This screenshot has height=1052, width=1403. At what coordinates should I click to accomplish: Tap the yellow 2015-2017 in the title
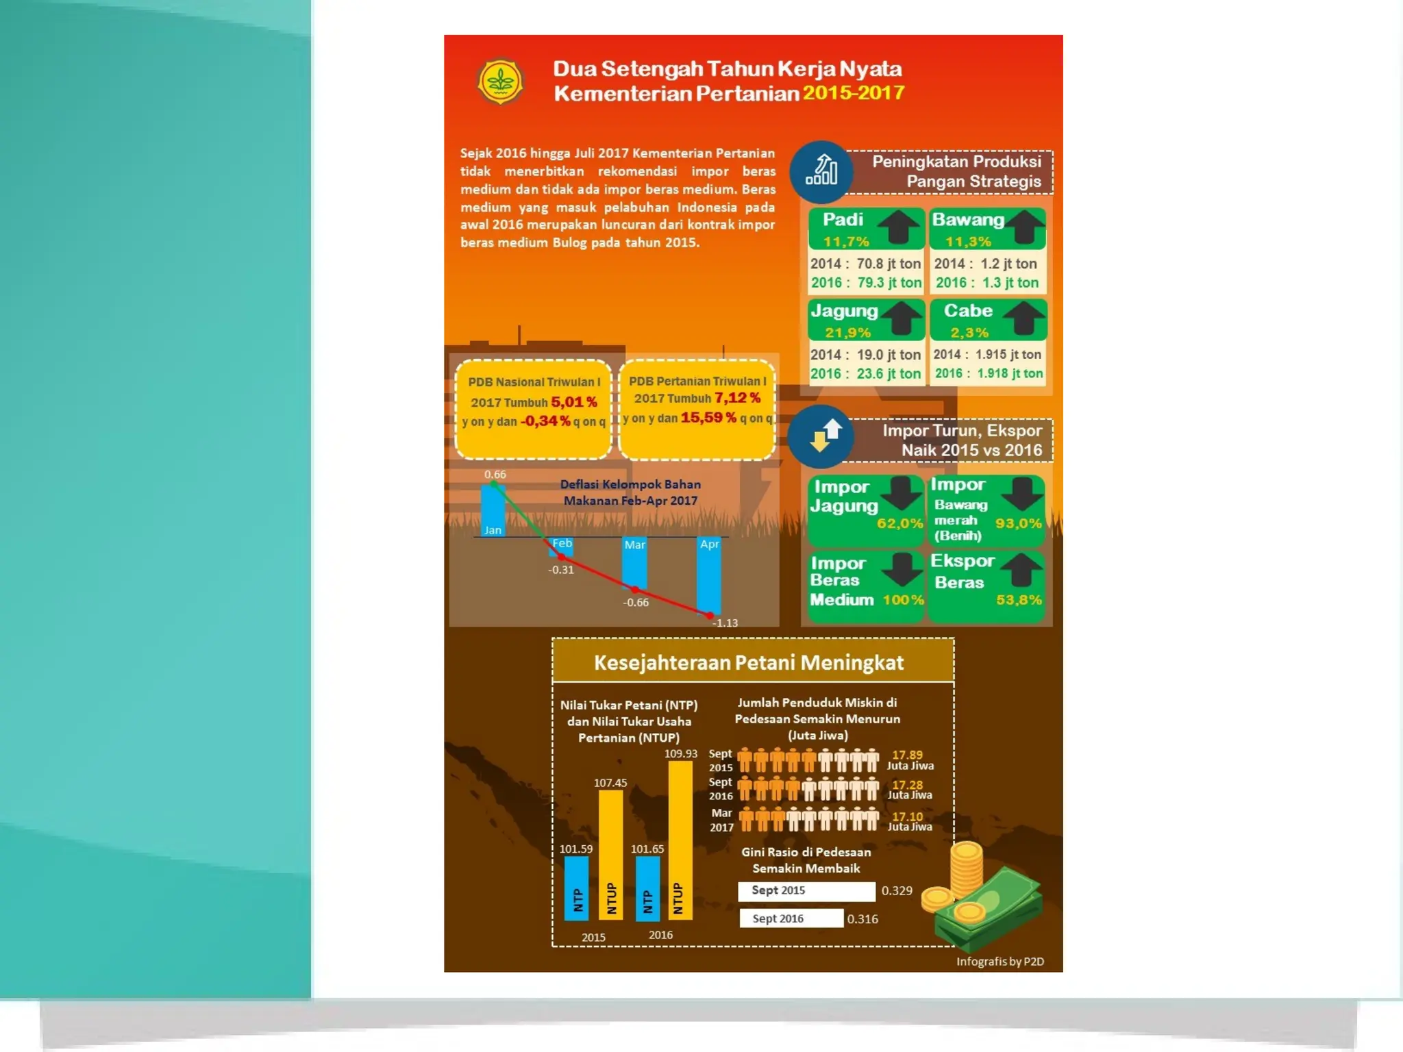tap(854, 92)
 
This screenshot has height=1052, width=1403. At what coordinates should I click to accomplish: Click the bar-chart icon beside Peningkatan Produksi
tap(821, 171)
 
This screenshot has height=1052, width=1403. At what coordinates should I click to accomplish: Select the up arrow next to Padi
tap(899, 227)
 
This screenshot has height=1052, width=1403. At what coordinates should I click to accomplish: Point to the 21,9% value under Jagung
tap(847, 333)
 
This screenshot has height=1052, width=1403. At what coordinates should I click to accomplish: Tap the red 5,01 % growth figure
tap(574, 401)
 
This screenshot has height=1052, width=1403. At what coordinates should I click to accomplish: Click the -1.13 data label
tap(725, 623)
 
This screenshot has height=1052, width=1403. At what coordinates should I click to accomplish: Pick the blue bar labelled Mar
tap(634, 563)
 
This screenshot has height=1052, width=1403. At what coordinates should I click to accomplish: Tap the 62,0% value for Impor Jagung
tap(899, 523)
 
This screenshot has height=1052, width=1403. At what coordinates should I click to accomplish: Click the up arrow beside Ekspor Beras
tap(1022, 569)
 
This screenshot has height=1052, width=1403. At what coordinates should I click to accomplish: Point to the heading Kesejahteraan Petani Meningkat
tap(749, 662)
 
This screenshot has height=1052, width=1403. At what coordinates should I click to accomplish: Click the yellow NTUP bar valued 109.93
tap(680, 839)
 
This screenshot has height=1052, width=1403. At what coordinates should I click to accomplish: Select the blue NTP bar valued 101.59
tap(576, 887)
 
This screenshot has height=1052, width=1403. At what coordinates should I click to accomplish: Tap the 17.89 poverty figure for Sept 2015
tap(907, 755)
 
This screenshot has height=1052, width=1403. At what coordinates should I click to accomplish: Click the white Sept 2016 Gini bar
tap(791, 918)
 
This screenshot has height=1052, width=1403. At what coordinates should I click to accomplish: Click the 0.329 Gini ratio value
tap(897, 890)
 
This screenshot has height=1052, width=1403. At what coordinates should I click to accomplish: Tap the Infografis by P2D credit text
tap(1000, 962)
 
